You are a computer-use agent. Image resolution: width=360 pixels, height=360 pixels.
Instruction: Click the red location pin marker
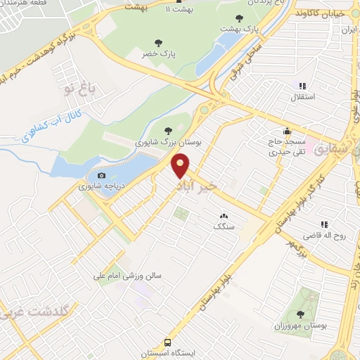pos(181,166)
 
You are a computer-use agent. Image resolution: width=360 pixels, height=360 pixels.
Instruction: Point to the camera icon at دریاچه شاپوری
pos(102,175)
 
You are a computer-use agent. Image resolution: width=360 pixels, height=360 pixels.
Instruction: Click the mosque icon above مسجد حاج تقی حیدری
pos(287,131)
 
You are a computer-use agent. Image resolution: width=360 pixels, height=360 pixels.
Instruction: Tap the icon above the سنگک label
pos(224,217)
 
